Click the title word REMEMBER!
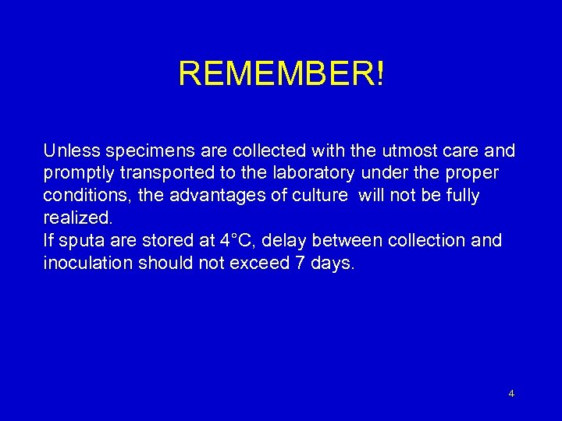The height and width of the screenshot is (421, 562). tap(281, 74)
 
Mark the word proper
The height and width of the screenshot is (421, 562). tap(475, 172)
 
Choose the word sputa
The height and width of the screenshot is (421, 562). tap(79, 240)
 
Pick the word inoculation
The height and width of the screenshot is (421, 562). tap(87, 263)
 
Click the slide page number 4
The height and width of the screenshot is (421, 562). tap(511, 394)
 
